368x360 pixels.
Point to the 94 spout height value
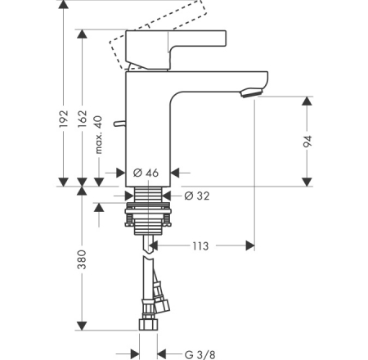[x=308, y=142]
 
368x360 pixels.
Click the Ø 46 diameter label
[x=146, y=173]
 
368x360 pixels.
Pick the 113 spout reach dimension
[x=201, y=245]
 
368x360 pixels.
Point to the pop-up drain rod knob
[x=119, y=124]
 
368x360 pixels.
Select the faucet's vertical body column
[x=147, y=131]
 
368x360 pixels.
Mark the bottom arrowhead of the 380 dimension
[x=81, y=325]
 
